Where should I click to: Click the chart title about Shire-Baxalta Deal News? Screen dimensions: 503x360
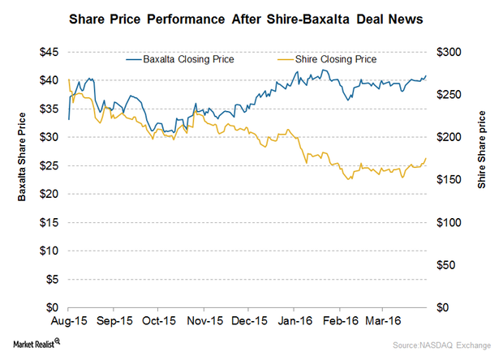246,19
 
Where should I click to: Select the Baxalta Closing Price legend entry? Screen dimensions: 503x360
180,59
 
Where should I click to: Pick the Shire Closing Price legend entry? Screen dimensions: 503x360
327,59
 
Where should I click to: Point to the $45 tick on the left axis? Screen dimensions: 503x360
49,52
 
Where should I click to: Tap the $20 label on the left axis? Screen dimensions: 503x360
49,194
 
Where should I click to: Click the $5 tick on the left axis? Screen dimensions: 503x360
52,279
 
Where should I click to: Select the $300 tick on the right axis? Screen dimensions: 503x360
449,52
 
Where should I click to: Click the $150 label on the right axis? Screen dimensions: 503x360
449,180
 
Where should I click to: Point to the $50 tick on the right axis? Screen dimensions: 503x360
445,265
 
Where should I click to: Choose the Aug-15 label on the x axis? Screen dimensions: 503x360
69,321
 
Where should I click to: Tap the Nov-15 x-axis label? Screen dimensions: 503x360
204,321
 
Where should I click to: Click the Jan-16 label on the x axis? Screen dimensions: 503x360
294,321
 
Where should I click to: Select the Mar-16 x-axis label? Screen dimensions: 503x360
383,321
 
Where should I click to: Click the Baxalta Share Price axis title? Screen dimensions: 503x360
21,157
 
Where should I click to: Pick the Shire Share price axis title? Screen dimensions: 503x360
482,150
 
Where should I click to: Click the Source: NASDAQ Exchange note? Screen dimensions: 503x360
441,345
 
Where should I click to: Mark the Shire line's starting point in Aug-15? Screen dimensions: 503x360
69,79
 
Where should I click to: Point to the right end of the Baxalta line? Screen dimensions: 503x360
426,75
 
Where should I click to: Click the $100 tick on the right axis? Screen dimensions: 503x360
449,222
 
